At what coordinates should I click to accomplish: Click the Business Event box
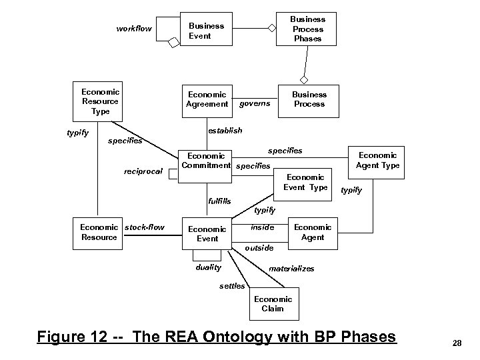207,31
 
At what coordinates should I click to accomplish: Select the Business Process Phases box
307,29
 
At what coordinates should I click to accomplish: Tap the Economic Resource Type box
99,101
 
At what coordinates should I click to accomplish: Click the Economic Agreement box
207,99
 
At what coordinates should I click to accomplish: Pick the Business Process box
309,99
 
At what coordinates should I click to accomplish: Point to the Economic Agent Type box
377,160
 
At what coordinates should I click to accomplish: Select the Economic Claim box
272,304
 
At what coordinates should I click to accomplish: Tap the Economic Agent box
312,232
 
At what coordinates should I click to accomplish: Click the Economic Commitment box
206,160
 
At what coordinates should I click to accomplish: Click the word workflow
134,29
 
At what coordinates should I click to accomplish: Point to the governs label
255,103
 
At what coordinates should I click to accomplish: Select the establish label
225,131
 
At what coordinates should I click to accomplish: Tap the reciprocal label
143,171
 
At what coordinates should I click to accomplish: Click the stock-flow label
144,227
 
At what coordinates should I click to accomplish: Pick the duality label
207,267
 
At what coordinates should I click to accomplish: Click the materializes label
291,269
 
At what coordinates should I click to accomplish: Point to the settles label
232,286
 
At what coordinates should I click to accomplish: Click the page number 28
457,343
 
